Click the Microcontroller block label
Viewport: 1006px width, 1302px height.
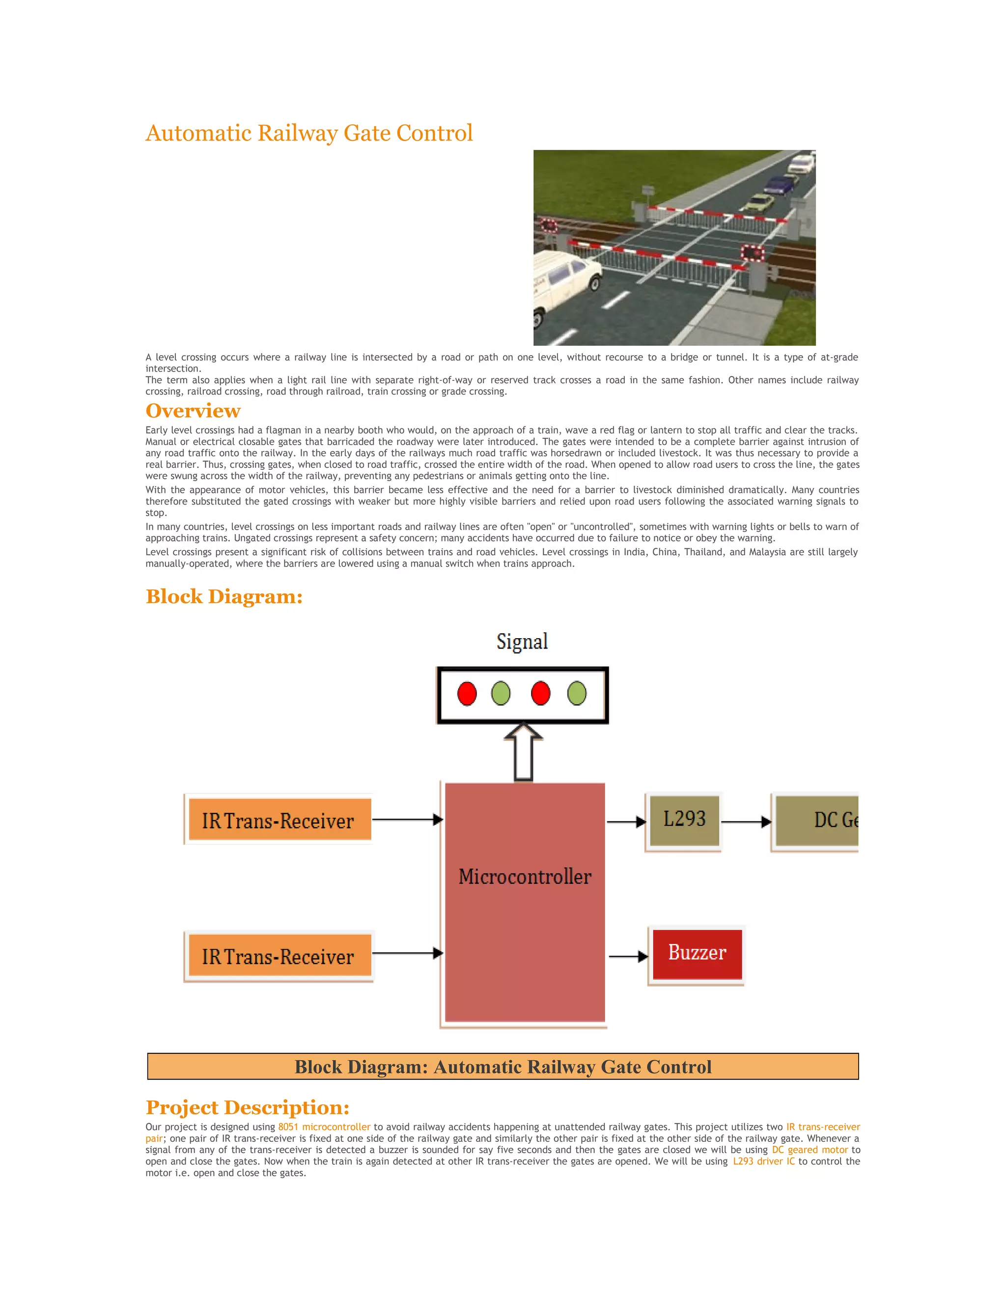(525, 877)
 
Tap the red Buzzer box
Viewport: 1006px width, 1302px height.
(697, 953)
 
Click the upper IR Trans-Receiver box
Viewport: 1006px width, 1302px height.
(279, 821)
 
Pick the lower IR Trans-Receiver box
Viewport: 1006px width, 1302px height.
(279, 956)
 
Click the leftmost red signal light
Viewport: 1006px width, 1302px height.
(467, 694)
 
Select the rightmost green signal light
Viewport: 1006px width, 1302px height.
(577, 694)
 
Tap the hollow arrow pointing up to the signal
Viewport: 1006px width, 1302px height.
(523, 752)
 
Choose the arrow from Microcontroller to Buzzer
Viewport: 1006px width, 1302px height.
(628, 956)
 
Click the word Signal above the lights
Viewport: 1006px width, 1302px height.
(522, 642)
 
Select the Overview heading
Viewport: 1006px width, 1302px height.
(193, 411)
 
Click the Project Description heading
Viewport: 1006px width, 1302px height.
(248, 1107)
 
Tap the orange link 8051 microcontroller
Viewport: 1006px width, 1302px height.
(324, 1127)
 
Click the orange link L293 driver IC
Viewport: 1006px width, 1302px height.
(763, 1161)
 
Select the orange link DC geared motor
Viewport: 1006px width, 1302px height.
(810, 1150)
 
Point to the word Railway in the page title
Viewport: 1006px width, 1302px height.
(298, 133)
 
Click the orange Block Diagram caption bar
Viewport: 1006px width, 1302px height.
(503, 1067)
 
